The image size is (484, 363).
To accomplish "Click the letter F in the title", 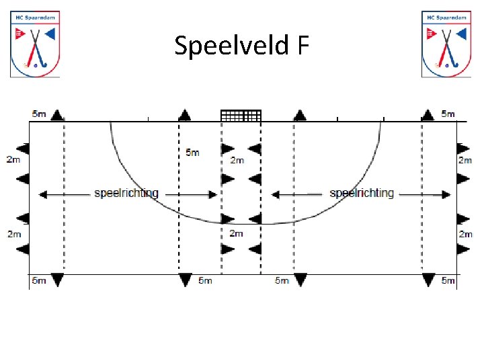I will [x=302, y=46].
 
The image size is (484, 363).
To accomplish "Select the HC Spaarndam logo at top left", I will [x=35, y=44].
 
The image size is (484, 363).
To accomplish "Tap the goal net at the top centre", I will [x=241, y=115].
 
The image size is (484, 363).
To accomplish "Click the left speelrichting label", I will [x=126, y=193].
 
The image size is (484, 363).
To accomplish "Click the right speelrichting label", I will [x=362, y=193].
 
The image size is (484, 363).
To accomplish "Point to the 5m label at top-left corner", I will [x=39, y=114].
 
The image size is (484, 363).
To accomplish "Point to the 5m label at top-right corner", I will [x=448, y=114].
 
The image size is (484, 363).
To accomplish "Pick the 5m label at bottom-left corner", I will [x=38, y=280].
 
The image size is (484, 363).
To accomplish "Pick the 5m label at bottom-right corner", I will [x=448, y=280].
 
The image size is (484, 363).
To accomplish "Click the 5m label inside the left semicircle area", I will [x=192, y=153].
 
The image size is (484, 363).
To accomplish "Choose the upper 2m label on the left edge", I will [x=13, y=160].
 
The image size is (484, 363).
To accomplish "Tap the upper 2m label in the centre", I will [x=237, y=161].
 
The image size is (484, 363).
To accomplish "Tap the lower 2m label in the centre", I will [x=236, y=233].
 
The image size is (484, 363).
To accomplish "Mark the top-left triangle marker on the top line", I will [x=57, y=114].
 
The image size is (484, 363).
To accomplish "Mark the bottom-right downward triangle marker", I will [x=428, y=279].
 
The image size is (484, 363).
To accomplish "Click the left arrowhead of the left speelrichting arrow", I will [x=42, y=195].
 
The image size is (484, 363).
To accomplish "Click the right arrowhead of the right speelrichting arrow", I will [x=446, y=195].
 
